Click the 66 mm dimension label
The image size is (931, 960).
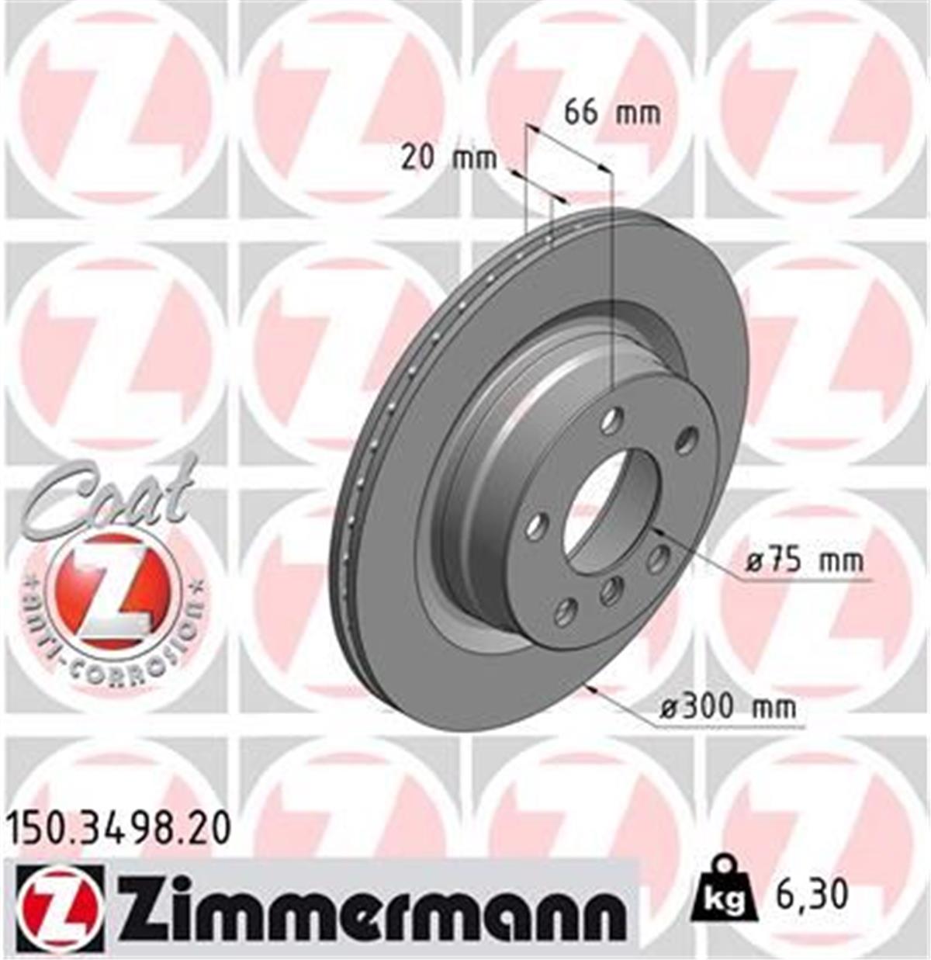point(612,113)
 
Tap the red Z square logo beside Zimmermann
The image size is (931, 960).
point(59,908)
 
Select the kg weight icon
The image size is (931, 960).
point(722,892)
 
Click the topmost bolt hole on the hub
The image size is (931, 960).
point(611,423)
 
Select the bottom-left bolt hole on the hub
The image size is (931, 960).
point(566,612)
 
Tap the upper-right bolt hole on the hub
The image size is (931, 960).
point(686,441)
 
